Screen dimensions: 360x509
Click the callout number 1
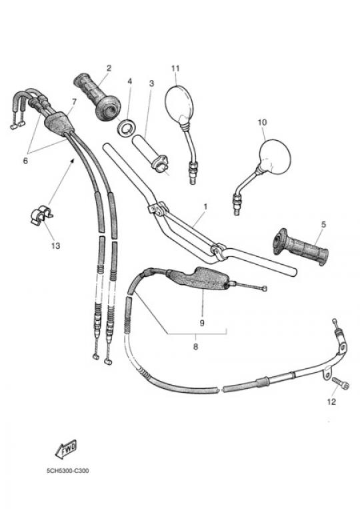coord(205,206)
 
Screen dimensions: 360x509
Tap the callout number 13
coord(55,245)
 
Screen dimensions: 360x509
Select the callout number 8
coord(195,347)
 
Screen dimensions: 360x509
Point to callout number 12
coord(331,402)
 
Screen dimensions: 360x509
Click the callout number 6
coord(25,160)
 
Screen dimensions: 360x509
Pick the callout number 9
coord(202,323)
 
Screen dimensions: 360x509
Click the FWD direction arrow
coord(66,449)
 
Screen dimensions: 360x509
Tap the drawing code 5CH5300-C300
coord(67,471)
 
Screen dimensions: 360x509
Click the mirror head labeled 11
coord(179,104)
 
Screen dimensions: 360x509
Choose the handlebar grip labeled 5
coord(301,247)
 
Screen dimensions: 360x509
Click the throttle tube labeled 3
coord(150,153)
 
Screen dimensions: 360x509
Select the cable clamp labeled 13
coord(41,214)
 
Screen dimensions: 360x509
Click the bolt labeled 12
coord(341,383)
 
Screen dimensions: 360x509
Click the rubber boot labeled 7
coord(59,121)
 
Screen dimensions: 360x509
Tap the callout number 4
coord(130,81)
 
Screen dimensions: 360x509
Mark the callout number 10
coord(262,122)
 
